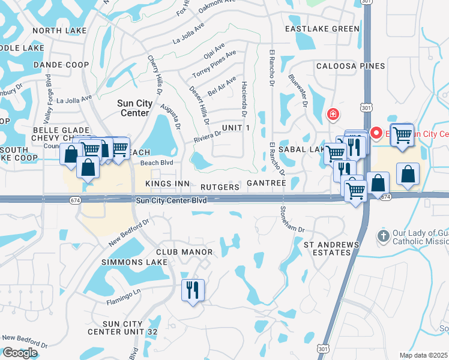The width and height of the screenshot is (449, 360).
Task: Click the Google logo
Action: pos(20,353)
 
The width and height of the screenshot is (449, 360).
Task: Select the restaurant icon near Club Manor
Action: pos(193,291)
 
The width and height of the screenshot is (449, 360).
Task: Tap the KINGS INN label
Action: pos(167,184)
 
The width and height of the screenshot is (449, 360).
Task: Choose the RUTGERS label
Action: pos(220,187)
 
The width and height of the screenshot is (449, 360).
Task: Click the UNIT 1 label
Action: pos(235,128)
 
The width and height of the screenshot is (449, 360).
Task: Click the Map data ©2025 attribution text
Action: pos(424,355)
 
